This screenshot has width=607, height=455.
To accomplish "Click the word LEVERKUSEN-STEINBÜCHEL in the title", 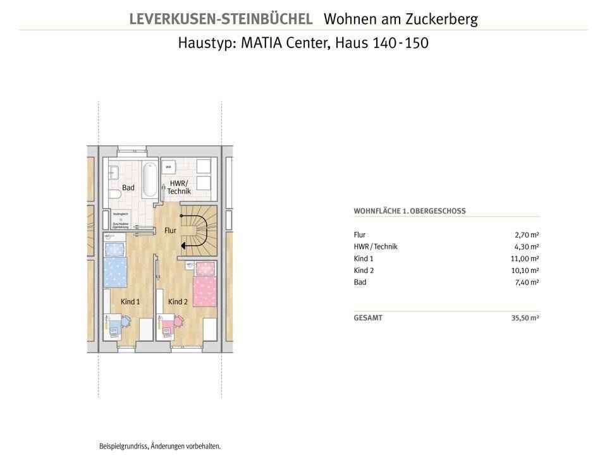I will point(221,19).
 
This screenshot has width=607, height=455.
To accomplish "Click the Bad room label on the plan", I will point(128,188).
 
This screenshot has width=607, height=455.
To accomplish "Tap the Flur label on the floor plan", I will point(170,231).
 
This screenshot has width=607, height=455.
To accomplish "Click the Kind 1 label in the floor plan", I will point(130,302).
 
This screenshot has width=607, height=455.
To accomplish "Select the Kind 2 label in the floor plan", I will point(178,302).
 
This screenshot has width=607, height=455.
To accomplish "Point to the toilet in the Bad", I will point(114,193).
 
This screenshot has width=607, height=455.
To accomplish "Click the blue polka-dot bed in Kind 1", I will point(116,265).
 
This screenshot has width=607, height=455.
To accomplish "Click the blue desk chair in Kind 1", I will point(126,321).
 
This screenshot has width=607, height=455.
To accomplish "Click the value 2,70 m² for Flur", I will point(527,234).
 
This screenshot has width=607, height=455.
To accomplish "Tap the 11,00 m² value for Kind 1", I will point(525,258).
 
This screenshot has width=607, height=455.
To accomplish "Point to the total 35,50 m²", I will point(525,318).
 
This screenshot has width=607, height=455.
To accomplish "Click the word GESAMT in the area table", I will point(368,318).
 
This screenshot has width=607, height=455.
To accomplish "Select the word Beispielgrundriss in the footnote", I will point(123,446).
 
